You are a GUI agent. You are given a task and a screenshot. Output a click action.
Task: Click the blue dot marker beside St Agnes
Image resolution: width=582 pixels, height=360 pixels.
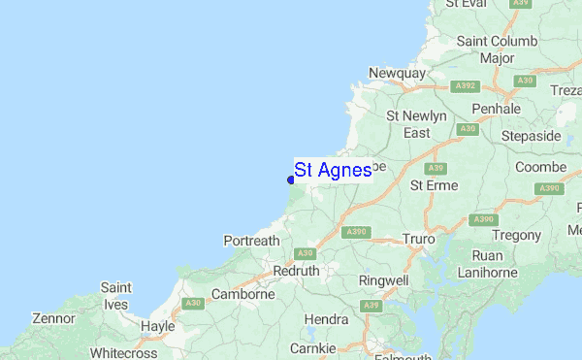point(291,180)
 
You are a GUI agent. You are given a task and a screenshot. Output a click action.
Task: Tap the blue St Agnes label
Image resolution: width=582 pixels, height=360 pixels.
point(333,170)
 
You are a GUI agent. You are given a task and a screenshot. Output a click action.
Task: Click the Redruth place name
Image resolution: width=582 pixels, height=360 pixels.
point(297,272)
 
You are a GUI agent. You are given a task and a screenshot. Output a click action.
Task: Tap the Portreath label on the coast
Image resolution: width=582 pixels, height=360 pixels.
point(251,241)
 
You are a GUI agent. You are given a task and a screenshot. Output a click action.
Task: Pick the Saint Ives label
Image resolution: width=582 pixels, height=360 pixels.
point(116,296)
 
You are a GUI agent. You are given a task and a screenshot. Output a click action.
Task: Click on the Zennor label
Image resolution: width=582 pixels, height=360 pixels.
point(52,318)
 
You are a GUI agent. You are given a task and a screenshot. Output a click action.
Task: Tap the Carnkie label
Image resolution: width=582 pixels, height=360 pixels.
point(316,347)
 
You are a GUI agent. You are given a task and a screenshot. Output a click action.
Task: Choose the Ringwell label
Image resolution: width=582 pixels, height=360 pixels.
point(385,280)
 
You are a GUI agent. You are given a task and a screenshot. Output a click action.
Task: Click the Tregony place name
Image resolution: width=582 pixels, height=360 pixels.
point(516,235)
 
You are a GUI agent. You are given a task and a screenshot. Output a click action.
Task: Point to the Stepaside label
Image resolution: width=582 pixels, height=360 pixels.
point(531,136)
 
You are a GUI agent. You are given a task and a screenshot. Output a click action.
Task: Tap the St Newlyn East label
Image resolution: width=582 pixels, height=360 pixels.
point(416,124)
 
